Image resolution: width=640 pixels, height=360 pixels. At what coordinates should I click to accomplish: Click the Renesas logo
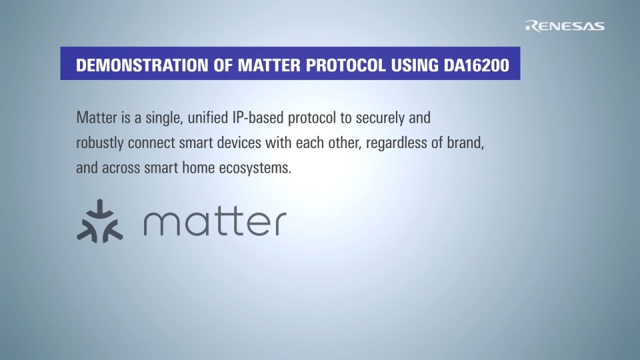coord(565,26)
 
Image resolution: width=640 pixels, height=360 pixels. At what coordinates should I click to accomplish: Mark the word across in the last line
coord(121,168)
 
